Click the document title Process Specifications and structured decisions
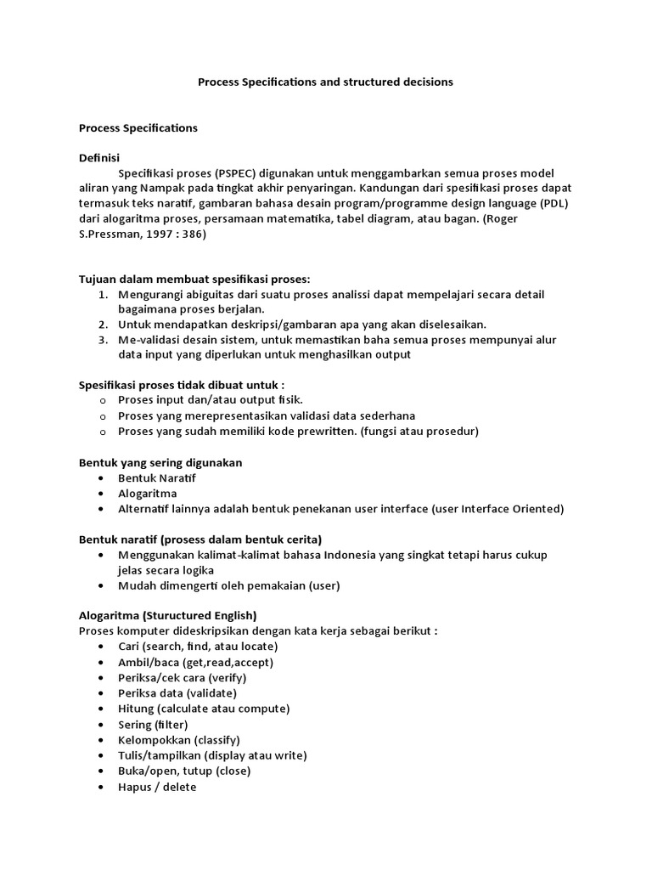click(x=325, y=82)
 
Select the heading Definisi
click(x=99, y=158)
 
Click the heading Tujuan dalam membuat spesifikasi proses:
click(x=194, y=280)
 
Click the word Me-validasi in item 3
click(x=148, y=340)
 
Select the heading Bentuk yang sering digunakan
click(x=160, y=462)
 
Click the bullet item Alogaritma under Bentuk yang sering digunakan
click(x=147, y=494)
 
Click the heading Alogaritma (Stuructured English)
click(x=167, y=615)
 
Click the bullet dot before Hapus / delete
click(x=102, y=787)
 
